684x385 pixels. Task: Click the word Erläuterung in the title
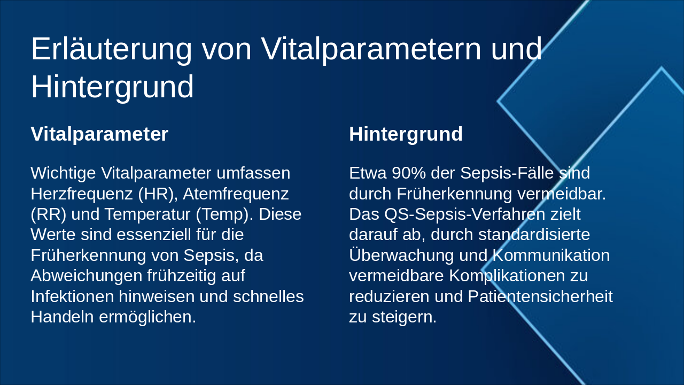pos(112,49)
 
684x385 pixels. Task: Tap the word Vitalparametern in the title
pos(371,49)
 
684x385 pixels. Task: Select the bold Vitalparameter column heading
pos(99,134)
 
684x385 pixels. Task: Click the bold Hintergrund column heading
pos(406,134)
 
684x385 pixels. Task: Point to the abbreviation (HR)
pos(158,194)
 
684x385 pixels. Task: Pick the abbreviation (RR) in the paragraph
pos(48,214)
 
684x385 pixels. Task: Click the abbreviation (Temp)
pos(224,214)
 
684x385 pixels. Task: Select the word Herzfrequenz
pos(82,194)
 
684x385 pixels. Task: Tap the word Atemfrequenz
pos(236,194)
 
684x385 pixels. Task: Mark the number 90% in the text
pos(409,173)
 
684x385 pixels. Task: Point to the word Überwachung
pos(401,255)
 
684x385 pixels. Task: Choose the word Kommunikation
pos(551,255)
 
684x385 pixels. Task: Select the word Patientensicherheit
pos(540,296)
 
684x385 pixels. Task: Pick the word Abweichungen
pos(87,276)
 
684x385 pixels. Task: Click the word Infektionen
pos(72,296)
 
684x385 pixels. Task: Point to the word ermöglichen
pos(147,317)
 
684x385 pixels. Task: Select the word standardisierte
pos(534,235)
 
